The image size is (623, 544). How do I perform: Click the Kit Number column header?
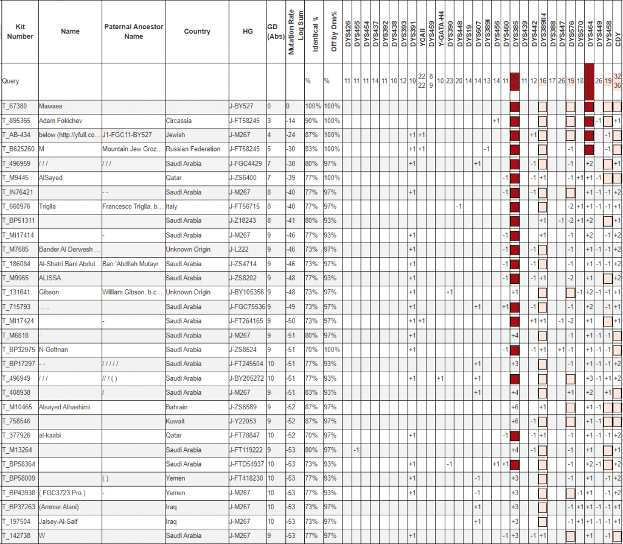(20, 32)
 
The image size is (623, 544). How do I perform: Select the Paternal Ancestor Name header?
(133, 32)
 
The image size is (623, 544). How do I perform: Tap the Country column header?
(197, 32)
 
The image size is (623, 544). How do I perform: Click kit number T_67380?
(15, 106)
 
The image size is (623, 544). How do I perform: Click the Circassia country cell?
(180, 121)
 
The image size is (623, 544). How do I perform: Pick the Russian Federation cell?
(193, 149)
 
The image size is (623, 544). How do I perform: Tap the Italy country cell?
(172, 207)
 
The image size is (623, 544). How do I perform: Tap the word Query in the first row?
(10, 80)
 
